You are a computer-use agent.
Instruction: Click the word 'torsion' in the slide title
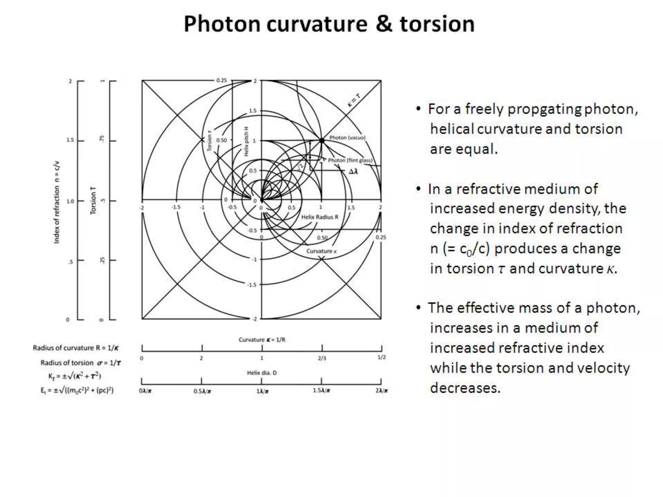click(x=437, y=24)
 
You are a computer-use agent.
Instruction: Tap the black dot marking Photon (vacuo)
click(x=322, y=140)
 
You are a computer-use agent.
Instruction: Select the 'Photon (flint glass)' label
click(x=350, y=160)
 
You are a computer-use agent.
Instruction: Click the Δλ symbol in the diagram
click(x=354, y=171)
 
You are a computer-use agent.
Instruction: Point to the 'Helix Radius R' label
click(x=320, y=217)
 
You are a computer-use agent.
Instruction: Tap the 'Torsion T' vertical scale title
click(x=93, y=200)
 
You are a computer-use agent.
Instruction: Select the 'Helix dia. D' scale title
click(x=262, y=373)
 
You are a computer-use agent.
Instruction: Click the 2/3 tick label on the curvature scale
click(x=322, y=358)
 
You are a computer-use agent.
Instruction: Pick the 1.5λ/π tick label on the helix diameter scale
click(x=321, y=391)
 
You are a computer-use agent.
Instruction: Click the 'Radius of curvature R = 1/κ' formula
click(x=76, y=348)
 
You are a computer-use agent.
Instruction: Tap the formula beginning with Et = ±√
click(x=77, y=390)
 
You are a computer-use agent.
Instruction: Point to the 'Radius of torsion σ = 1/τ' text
click(x=81, y=363)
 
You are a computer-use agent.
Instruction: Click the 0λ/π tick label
click(x=145, y=391)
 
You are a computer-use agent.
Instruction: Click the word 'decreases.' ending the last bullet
click(x=465, y=388)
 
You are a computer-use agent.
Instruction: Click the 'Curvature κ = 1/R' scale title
click(x=262, y=340)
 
